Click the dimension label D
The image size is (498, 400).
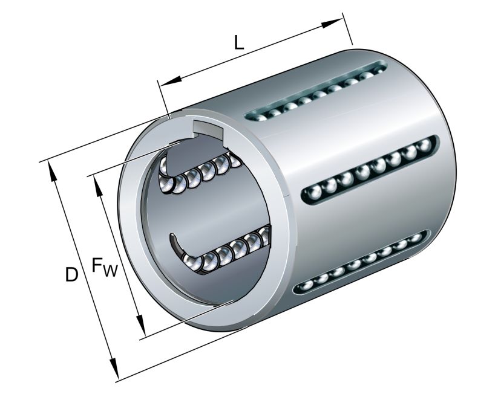click(x=72, y=276)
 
